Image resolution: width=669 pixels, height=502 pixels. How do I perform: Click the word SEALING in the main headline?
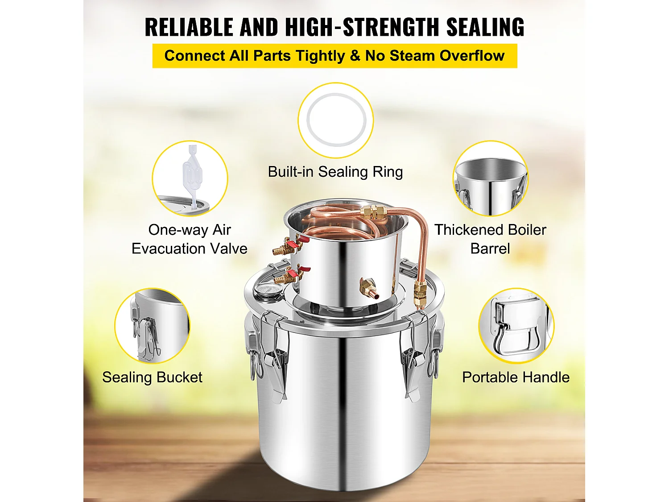(485, 27)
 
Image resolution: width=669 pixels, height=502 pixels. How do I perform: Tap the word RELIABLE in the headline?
(189, 27)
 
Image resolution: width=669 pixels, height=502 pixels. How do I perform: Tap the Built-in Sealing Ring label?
(335, 172)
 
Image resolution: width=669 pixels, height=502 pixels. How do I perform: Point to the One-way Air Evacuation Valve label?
(190, 239)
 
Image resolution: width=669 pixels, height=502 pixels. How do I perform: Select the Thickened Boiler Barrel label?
(490, 239)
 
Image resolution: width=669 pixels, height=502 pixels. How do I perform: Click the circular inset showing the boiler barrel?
(490, 178)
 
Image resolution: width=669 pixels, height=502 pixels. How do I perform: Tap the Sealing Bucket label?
(152, 378)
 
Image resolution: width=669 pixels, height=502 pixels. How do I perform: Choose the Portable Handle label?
(516, 378)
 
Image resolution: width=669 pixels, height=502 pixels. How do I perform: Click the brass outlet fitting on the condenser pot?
(368, 286)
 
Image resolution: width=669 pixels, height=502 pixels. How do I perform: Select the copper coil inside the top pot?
(339, 228)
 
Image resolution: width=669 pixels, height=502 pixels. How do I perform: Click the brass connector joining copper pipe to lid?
(419, 292)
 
